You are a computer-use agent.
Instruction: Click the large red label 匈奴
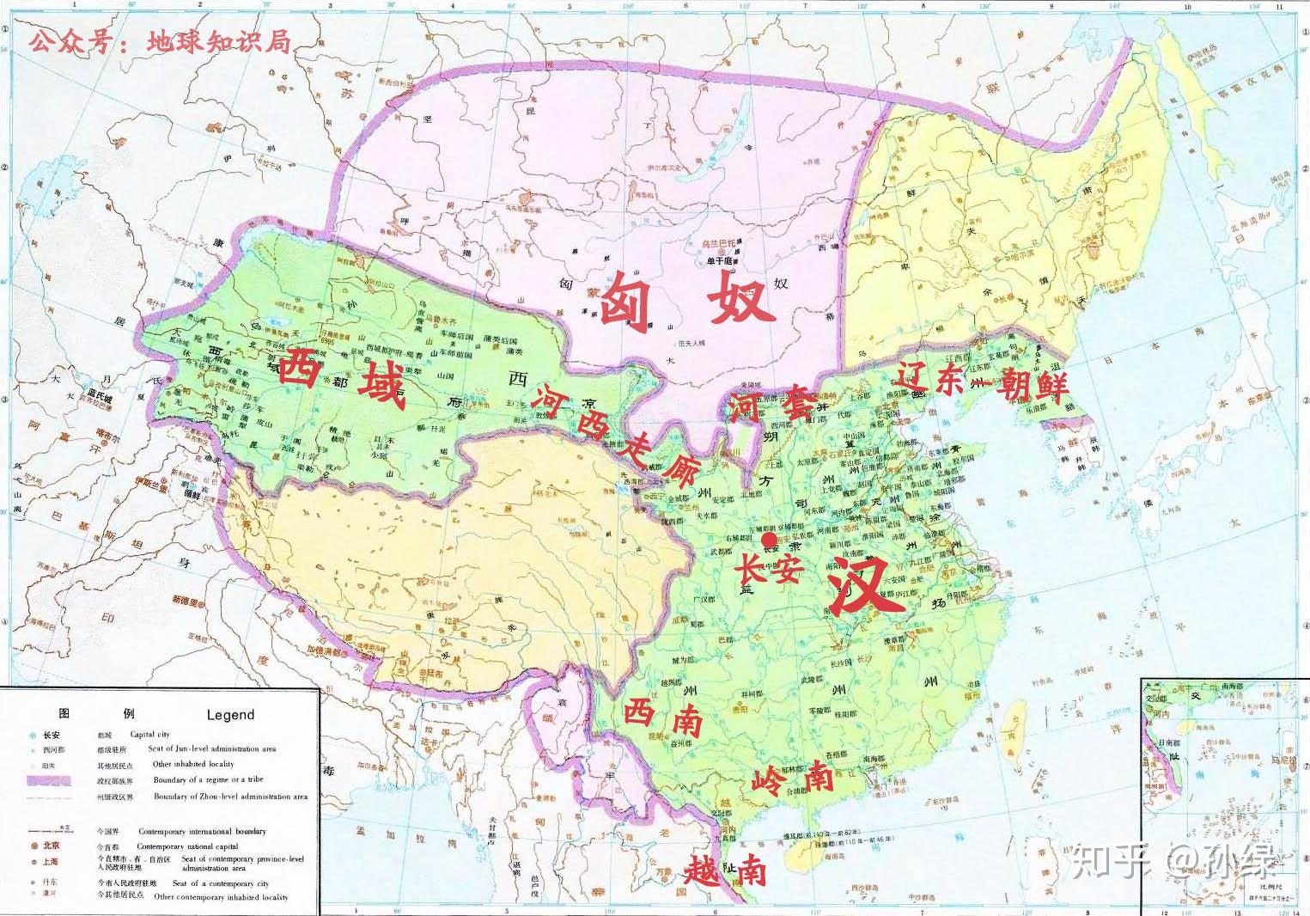684,303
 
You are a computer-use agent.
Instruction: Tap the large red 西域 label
341,379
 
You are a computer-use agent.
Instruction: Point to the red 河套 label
769,404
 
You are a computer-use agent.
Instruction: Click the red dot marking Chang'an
769,539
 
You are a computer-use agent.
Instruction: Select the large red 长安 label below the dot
768,569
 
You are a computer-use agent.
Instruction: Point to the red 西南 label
657,716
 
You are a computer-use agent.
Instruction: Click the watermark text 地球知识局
219,42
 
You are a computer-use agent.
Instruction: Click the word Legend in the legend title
230,714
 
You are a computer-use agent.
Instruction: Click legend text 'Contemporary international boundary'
210,831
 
